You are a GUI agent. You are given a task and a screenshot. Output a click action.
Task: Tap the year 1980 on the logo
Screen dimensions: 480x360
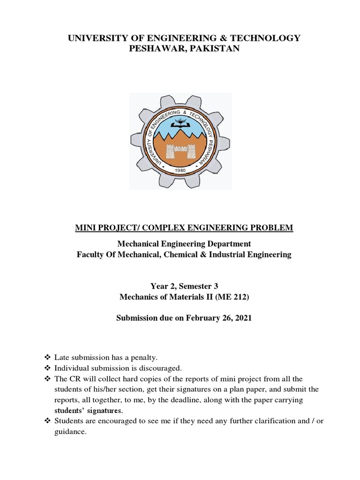[180, 170]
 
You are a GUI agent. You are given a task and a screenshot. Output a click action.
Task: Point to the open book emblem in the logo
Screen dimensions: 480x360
[180, 123]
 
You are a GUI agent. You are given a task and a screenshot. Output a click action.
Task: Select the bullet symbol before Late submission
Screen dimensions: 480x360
[46, 358]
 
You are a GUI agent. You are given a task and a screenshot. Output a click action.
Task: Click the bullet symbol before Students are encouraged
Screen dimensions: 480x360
[46, 421]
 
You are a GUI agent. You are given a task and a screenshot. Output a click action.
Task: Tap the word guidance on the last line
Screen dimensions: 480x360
[70, 432]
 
